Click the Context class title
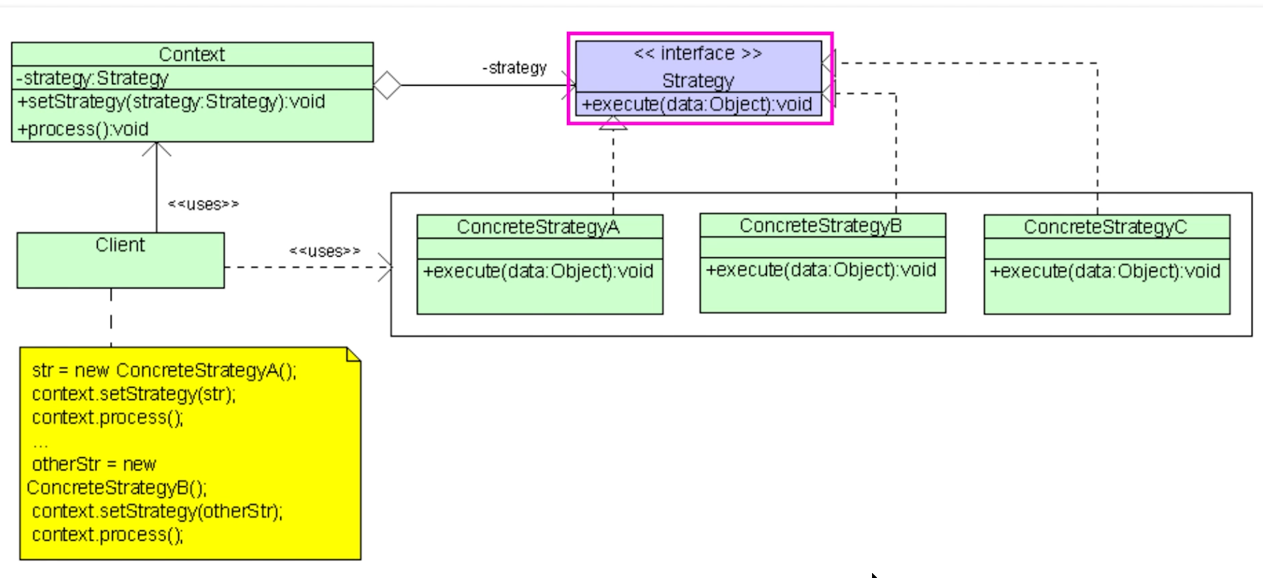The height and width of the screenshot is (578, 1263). pos(192,55)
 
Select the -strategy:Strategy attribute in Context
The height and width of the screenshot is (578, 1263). pos(92,78)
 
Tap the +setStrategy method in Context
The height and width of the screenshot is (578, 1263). pos(171,102)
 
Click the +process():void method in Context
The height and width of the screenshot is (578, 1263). pos(83,130)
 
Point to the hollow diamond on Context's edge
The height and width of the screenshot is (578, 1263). pos(387,86)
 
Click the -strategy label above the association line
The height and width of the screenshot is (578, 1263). pos(514,68)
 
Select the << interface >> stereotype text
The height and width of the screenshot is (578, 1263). pos(697,54)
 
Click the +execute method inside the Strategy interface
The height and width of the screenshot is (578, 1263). pos(697,105)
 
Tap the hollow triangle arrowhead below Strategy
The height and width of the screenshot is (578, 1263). pos(613,124)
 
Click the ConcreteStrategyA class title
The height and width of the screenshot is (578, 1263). pos(538,227)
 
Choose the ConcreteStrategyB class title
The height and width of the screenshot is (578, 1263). pos(820,226)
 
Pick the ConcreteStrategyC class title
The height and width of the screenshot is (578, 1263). pos(1105,227)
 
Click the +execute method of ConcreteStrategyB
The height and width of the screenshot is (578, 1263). pos(821,270)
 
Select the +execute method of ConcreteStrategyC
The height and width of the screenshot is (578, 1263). pos(1105,272)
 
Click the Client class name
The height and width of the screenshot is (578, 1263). pos(120,245)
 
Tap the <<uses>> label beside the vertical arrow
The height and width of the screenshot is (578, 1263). pos(203,205)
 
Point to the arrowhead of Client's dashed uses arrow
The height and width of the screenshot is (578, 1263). pos(385,267)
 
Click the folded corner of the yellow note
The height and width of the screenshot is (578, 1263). pos(353,354)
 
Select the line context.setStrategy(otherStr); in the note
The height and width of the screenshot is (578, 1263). pos(157,511)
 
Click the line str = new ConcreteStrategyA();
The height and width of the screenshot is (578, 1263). pos(164,371)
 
